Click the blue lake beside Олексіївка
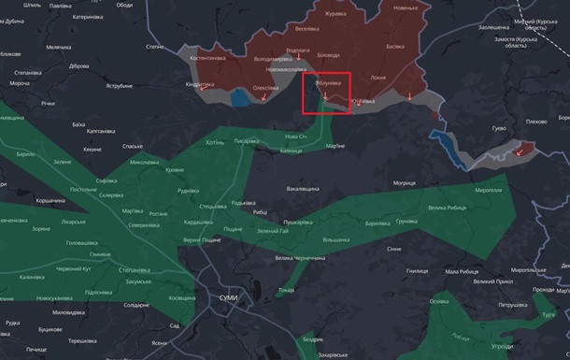click(x=241, y=96)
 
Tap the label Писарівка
click(x=248, y=140)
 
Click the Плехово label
click(x=536, y=121)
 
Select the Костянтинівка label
click(x=207, y=58)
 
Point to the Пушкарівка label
click(x=298, y=222)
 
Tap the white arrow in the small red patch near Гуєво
click(x=519, y=150)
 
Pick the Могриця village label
click(x=405, y=182)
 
